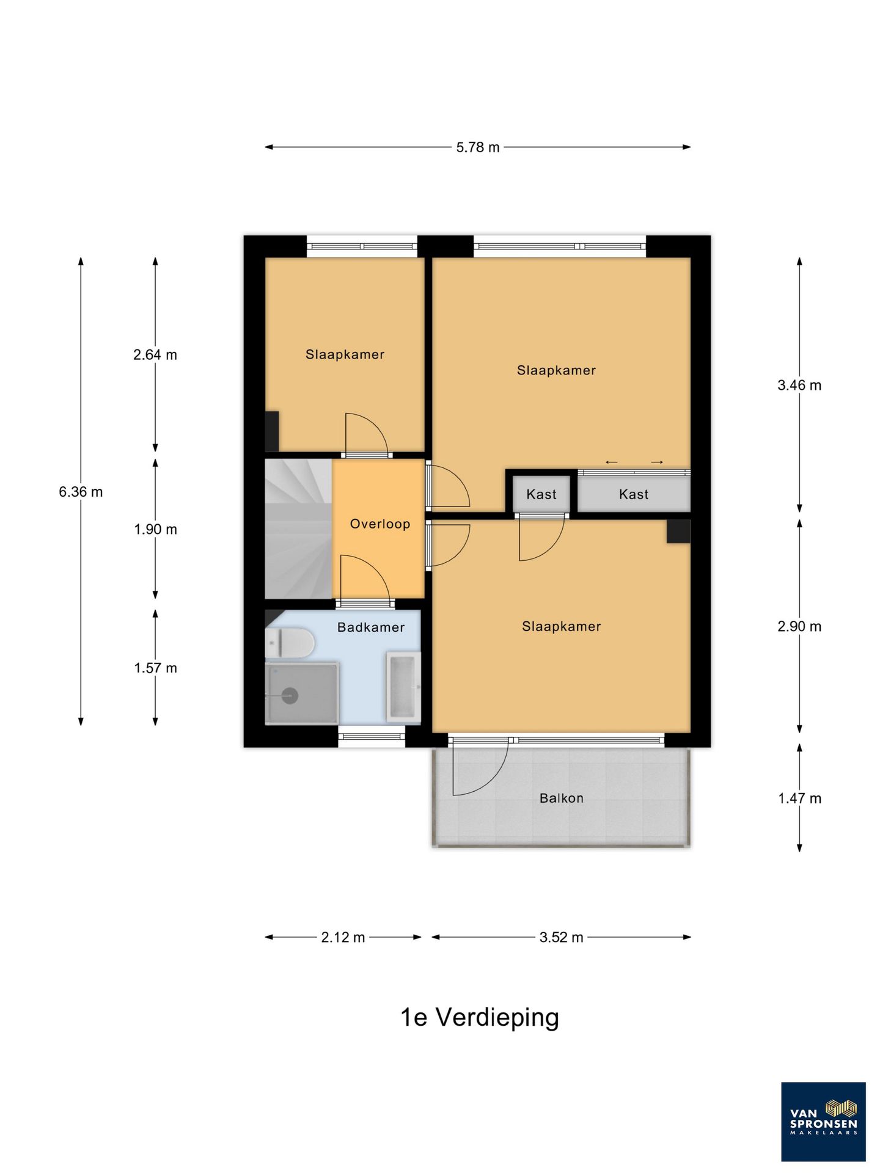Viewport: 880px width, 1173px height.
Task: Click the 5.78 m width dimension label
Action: point(478,147)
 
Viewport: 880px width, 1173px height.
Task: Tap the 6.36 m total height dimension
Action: point(81,492)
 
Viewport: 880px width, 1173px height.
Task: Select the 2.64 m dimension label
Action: point(155,355)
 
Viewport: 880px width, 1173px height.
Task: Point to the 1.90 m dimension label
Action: point(155,530)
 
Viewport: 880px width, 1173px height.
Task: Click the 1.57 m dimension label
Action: point(155,668)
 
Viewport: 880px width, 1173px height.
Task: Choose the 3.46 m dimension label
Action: point(799,386)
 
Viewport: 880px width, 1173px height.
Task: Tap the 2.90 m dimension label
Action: point(799,627)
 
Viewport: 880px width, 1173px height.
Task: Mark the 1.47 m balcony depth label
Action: point(799,798)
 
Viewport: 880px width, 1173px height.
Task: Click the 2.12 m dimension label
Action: point(343,937)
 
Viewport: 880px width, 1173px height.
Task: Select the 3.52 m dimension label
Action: point(561,937)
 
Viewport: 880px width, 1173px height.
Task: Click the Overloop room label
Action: point(380,524)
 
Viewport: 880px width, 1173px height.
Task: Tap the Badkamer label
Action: point(371,627)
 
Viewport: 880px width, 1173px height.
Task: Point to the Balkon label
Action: point(561,798)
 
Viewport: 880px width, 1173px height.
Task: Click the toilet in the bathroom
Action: point(290,644)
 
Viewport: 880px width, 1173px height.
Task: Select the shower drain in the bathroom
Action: point(289,695)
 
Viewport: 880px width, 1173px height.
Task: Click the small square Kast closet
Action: point(541,494)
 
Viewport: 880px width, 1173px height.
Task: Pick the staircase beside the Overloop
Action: point(298,529)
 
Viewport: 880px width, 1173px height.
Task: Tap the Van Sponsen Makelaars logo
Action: point(823,1122)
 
